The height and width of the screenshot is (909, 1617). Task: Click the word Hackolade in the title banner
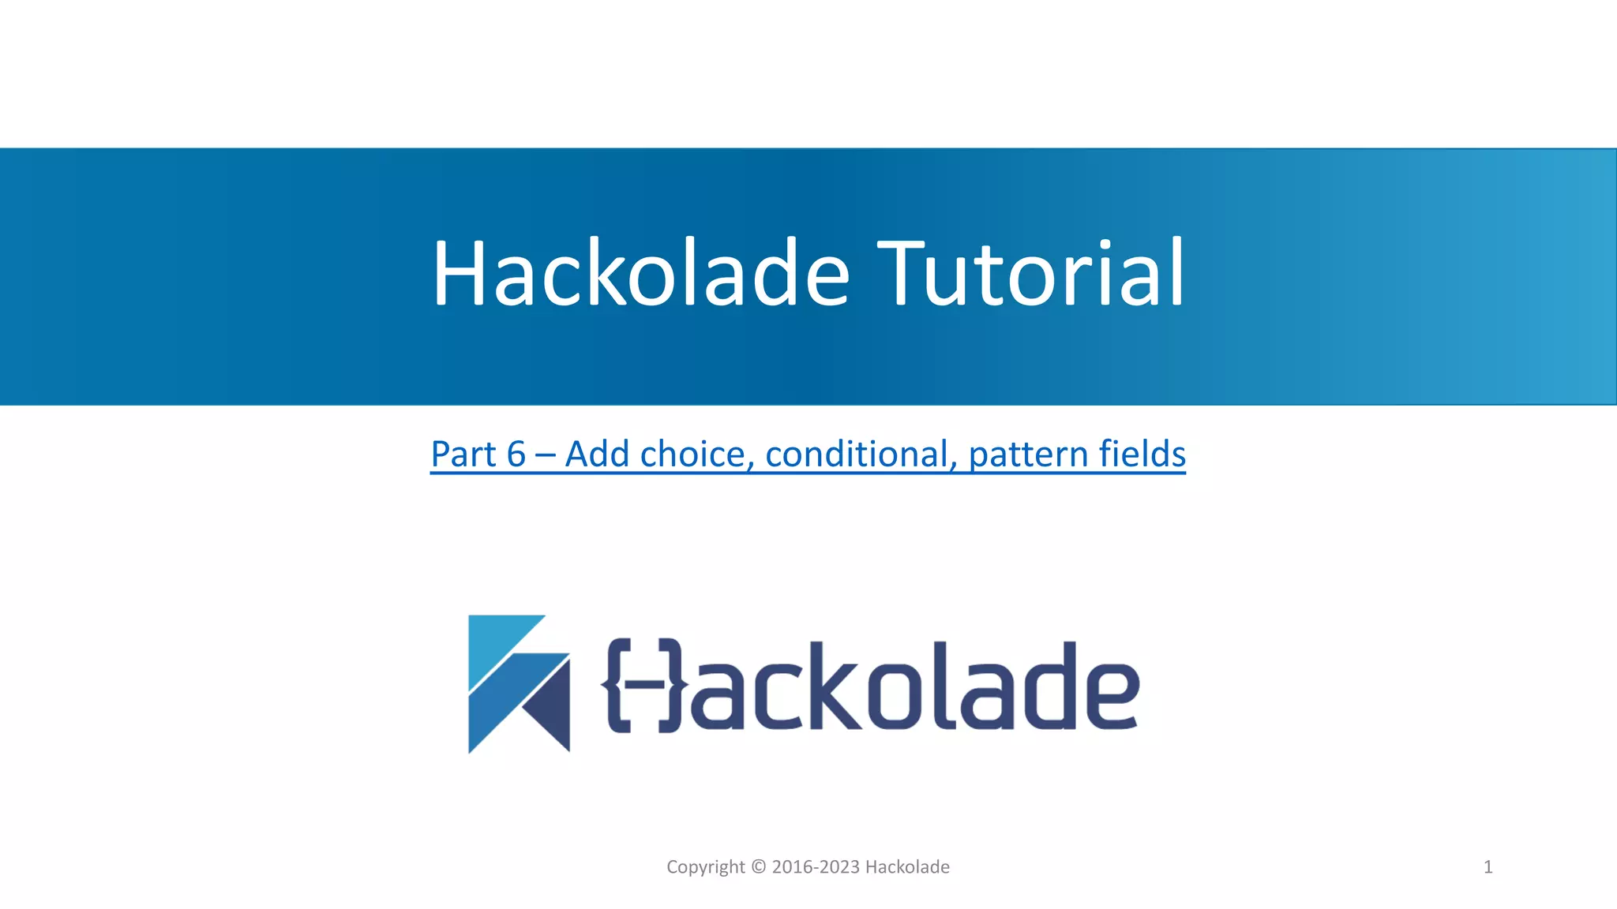[640, 273]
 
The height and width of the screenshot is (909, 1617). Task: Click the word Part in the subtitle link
[463, 454]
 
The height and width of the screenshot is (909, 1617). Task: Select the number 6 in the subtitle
[516, 454]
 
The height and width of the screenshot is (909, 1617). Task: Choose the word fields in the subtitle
[1142, 454]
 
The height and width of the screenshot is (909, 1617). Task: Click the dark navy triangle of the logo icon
[551, 706]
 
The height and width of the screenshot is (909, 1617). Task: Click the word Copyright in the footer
[706, 867]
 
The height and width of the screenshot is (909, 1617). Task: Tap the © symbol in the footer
[759, 867]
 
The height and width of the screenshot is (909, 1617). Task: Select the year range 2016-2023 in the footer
[816, 867]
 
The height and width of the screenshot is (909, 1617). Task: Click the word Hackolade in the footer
[907, 867]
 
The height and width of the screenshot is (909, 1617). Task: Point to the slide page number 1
[1488, 867]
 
